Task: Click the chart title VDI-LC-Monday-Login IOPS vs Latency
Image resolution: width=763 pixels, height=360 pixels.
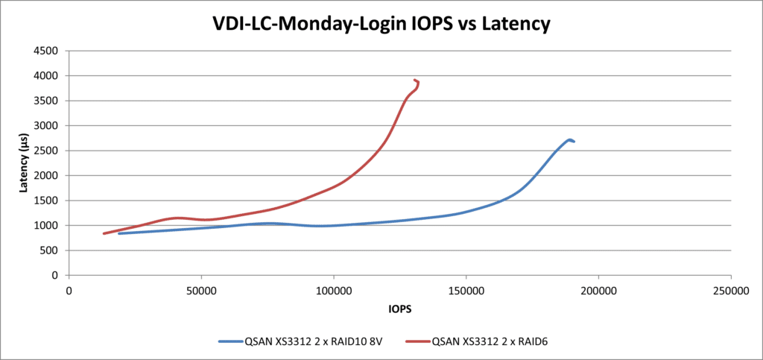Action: pos(381,24)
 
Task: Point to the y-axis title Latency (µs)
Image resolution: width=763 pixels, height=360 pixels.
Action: pos(24,165)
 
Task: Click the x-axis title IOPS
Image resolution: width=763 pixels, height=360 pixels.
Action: pos(400,308)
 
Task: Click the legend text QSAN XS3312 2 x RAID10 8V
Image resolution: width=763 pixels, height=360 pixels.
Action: pos(314,341)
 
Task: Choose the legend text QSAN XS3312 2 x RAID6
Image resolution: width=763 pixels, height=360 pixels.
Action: pos(494,341)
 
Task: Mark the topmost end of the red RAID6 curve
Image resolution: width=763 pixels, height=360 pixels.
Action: pos(414,80)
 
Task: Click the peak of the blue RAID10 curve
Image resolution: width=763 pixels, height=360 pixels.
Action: pos(569,139)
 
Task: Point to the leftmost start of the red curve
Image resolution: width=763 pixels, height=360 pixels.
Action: pos(104,233)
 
